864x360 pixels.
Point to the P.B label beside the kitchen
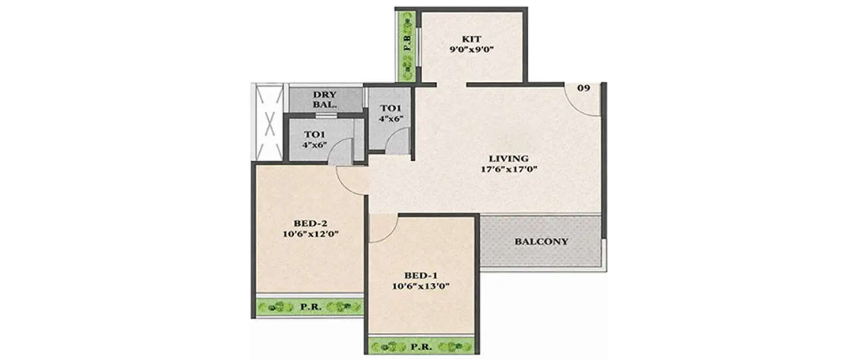click(407, 44)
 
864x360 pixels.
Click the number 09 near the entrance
click(583, 89)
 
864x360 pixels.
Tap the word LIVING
click(509, 158)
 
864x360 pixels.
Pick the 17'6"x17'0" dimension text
click(509, 169)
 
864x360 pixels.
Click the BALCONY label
click(541, 241)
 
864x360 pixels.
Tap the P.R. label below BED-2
click(310, 307)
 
